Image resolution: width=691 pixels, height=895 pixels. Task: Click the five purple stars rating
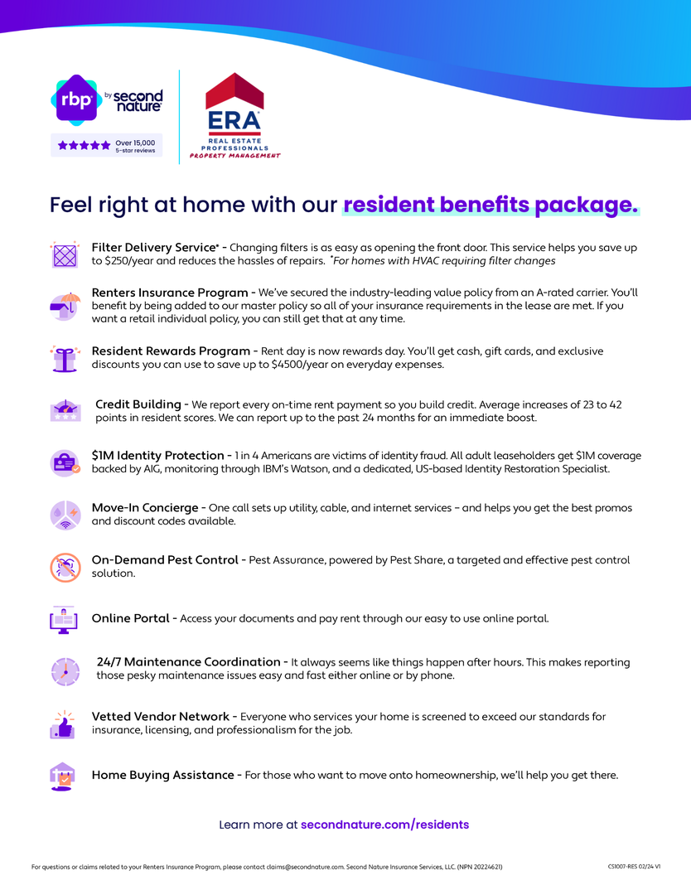tap(84, 146)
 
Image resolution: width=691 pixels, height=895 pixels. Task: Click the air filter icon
tap(65, 254)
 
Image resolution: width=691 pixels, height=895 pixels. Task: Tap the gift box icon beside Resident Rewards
tap(65, 359)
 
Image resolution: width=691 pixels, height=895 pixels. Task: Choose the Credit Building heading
tap(138, 404)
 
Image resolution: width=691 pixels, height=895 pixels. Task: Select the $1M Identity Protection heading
tap(157, 456)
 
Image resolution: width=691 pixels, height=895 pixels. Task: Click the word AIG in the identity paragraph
tap(172, 469)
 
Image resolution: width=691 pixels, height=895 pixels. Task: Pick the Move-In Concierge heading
tap(144, 507)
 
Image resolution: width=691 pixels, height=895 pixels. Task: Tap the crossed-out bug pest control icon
tap(65, 567)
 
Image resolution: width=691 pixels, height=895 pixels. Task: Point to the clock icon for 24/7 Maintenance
tap(65, 670)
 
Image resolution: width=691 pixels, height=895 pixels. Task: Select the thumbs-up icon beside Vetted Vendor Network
tap(63, 724)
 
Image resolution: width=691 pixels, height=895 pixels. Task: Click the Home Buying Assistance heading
tap(162, 776)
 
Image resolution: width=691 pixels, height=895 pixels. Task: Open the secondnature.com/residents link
tap(384, 825)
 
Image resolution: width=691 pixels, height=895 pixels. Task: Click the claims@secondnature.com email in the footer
tap(304, 867)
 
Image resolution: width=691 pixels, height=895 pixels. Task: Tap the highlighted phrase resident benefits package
tap(490, 204)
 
